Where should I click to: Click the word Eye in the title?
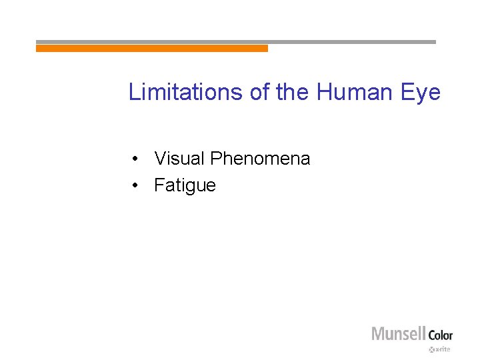421,92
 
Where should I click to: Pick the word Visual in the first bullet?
179,159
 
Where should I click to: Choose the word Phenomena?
260,159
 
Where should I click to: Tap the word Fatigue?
185,185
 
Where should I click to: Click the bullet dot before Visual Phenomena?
135,159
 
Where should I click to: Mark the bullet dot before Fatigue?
135,185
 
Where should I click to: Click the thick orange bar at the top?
152,48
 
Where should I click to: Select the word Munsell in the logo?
399,333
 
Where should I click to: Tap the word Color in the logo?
440,335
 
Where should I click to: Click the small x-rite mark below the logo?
440,349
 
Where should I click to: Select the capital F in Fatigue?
159,185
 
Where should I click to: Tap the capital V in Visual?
160,159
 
